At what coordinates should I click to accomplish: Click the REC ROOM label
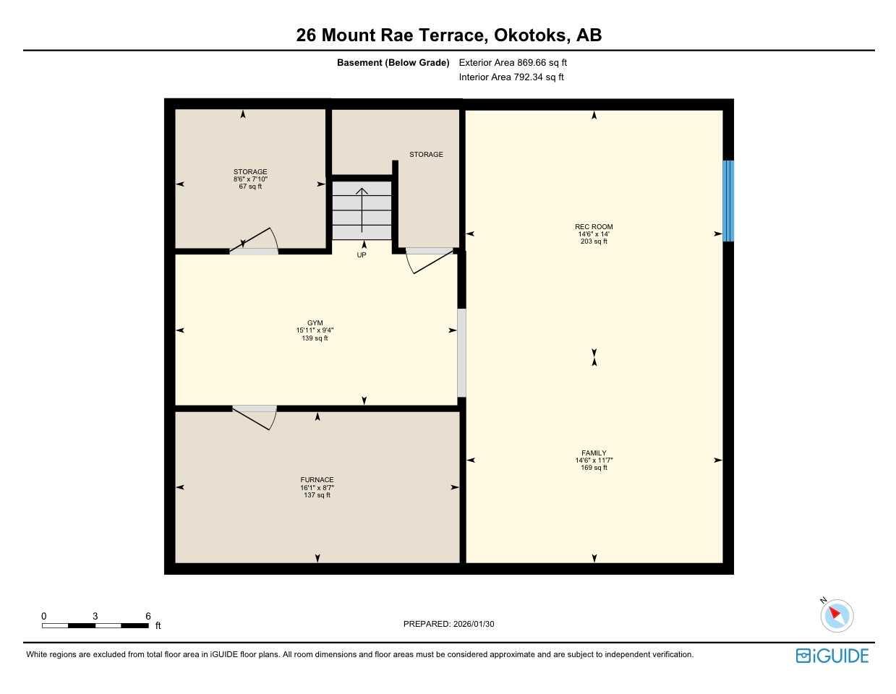pos(594,227)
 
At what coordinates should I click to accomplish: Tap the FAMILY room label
pos(594,453)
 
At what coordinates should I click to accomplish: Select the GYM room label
pos(315,323)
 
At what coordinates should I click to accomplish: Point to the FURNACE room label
pos(317,480)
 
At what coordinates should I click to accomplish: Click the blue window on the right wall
pos(728,201)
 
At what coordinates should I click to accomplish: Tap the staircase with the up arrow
pos(362,210)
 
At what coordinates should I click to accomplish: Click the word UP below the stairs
pos(362,255)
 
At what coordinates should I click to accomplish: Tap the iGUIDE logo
pos(832,656)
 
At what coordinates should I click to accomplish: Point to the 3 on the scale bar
pos(95,617)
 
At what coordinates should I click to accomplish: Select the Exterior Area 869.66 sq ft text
pos(513,63)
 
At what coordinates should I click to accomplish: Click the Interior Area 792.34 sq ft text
pos(511,77)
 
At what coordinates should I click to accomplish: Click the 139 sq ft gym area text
pos(315,338)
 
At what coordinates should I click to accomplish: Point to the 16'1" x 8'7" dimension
pos(317,488)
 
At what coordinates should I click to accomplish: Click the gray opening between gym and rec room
pos(461,353)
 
